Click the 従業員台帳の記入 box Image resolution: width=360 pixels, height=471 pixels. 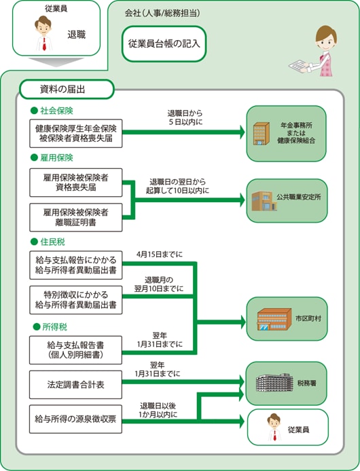[x=164, y=44]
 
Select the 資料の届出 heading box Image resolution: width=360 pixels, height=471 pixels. [x=67, y=89]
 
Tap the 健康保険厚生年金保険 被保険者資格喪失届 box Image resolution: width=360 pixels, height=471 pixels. [x=76, y=134]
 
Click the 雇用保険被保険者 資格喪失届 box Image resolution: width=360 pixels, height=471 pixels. [x=76, y=183]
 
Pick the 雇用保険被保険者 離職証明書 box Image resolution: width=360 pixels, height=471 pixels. [x=76, y=217]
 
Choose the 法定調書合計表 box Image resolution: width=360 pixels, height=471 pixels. [x=75, y=385]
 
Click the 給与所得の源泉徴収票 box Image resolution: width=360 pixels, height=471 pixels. [x=75, y=419]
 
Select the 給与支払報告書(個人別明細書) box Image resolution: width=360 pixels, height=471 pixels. [x=75, y=350]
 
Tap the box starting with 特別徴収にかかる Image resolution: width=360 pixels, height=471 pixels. [x=76, y=300]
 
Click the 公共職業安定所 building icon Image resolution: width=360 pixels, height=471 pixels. [x=264, y=201]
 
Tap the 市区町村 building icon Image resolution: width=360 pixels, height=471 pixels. [x=274, y=319]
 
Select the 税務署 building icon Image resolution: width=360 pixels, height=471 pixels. [x=274, y=382]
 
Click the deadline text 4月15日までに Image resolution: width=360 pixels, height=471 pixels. [x=160, y=255]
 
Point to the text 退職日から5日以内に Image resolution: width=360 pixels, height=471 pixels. [x=185, y=118]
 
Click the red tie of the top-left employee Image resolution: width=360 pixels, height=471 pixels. [x=44, y=44]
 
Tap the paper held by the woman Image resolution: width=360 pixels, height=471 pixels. [x=299, y=66]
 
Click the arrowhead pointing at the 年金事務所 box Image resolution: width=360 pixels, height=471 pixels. [x=242, y=132]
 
